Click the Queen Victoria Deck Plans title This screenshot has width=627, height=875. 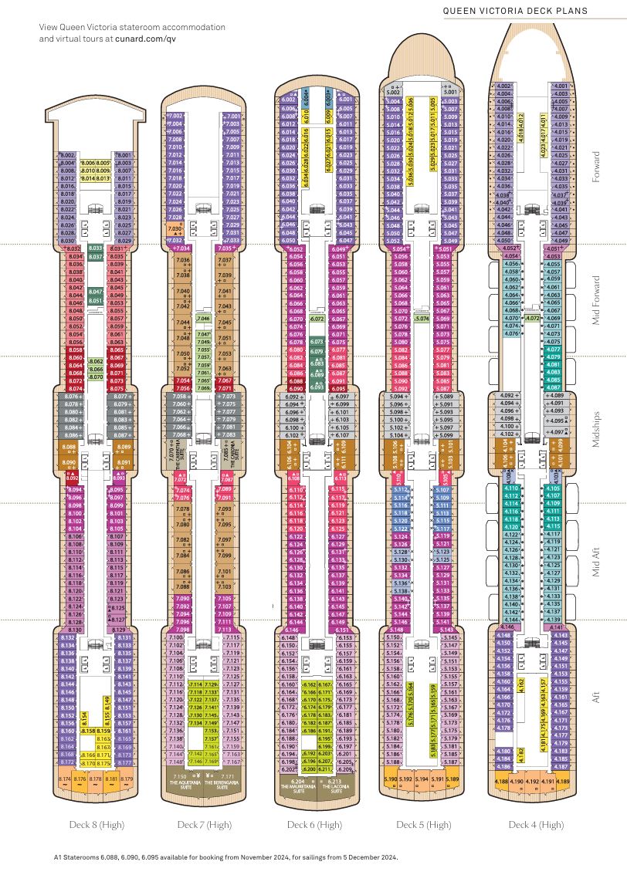527,11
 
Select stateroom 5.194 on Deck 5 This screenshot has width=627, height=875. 421,780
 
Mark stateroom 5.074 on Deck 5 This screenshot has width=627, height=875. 422,318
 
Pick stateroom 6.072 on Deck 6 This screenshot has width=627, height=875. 317,318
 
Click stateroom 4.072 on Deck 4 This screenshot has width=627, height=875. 532,318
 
